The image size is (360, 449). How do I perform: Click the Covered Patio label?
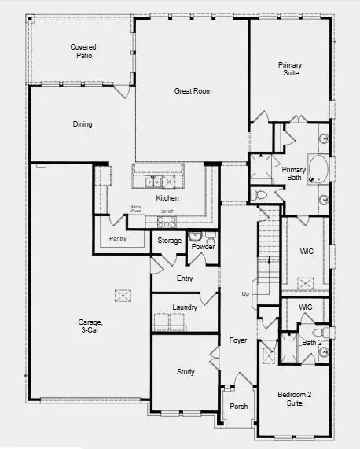point(83,51)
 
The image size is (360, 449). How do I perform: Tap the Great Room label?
point(193,91)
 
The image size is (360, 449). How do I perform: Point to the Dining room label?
point(82,124)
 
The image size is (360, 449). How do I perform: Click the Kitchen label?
point(167,198)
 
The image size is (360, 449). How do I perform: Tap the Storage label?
point(169,241)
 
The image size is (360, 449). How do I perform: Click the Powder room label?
point(203,247)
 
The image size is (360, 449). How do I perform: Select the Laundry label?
point(184,307)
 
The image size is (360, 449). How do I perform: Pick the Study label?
point(185,372)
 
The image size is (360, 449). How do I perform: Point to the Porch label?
point(237,407)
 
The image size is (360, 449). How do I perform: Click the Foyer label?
point(237,340)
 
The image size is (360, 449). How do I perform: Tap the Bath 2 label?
point(312,342)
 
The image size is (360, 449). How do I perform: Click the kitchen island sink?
point(153,182)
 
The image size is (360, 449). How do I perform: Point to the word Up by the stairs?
point(245,293)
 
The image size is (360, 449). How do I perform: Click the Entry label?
point(185,278)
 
